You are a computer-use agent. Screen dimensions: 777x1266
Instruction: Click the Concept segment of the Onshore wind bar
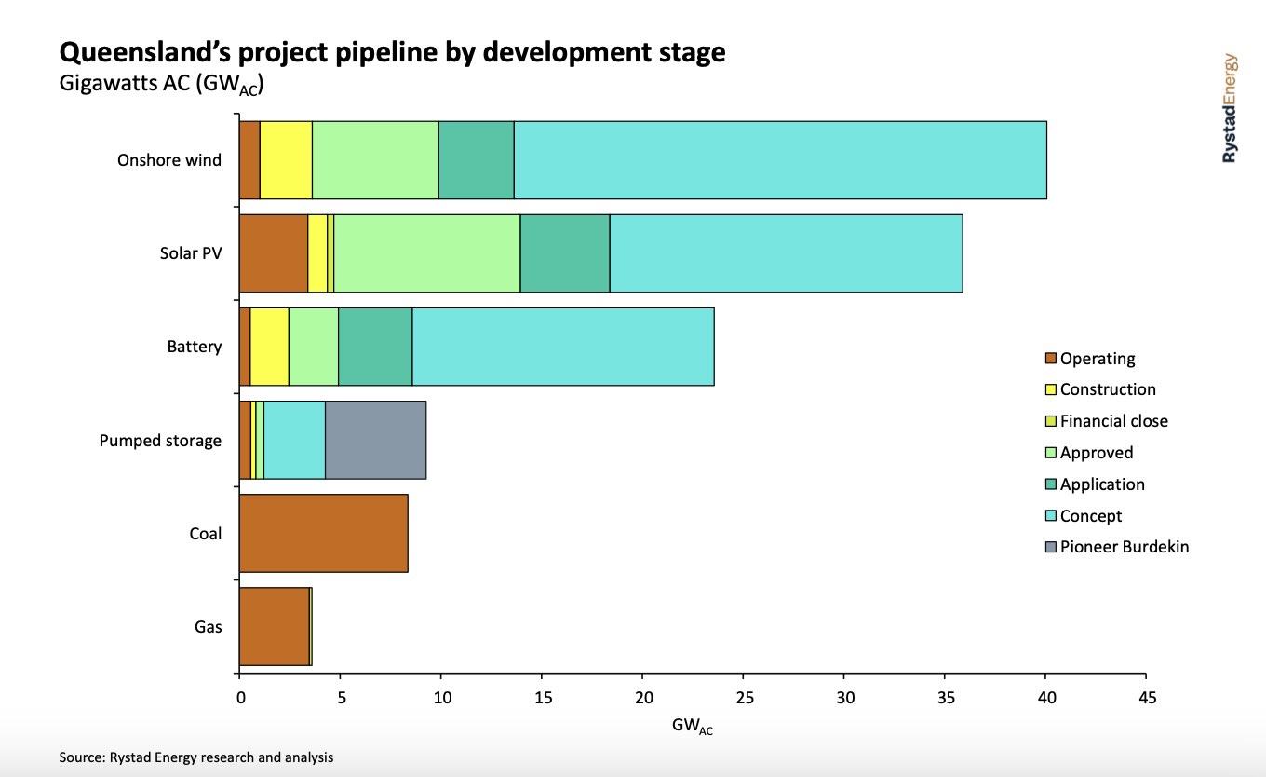click(x=780, y=160)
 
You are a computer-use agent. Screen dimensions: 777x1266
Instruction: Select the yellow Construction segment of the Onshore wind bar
click(x=286, y=160)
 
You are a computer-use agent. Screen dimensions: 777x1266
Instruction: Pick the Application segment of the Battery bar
click(x=375, y=347)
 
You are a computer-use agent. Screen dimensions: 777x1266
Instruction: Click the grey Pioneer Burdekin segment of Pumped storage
click(x=375, y=440)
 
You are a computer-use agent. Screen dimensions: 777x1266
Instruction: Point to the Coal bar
click(x=323, y=533)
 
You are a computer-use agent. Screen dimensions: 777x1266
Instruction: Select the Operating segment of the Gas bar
click(x=274, y=626)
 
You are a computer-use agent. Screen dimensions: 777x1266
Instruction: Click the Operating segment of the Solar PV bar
click(x=273, y=253)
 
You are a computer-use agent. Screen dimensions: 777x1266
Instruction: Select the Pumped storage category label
click(x=160, y=440)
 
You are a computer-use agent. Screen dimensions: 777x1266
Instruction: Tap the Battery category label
click(x=194, y=347)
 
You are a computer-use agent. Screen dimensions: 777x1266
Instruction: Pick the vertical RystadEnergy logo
click(x=1230, y=108)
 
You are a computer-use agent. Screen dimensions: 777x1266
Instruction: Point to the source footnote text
click(x=195, y=757)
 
